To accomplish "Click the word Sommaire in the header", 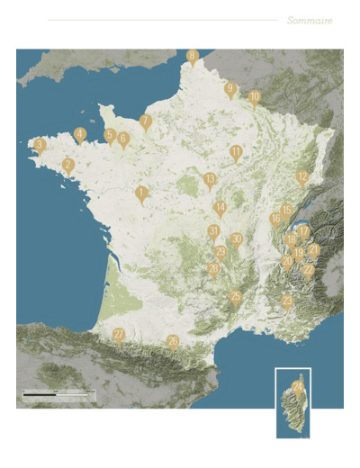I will (310, 20).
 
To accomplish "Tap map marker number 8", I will (192, 57).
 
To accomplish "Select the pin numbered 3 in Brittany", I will (40, 144).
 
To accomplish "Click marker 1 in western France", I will (141, 192).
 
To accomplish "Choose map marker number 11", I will (236, 152).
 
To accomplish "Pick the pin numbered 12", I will (302, 176).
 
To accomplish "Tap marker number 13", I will (210, 179).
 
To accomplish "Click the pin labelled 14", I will (220, 208).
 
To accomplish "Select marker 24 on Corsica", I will (297, 388).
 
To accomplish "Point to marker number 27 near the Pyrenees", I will (119, 335).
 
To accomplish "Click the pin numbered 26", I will (173, 341).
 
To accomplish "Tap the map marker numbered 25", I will (236, 296).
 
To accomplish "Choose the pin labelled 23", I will (214, 268).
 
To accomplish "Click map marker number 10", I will (255, 96).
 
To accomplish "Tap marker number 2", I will (68, 165).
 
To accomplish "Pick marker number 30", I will (236, 239).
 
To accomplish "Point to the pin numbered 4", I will (80, 134).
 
